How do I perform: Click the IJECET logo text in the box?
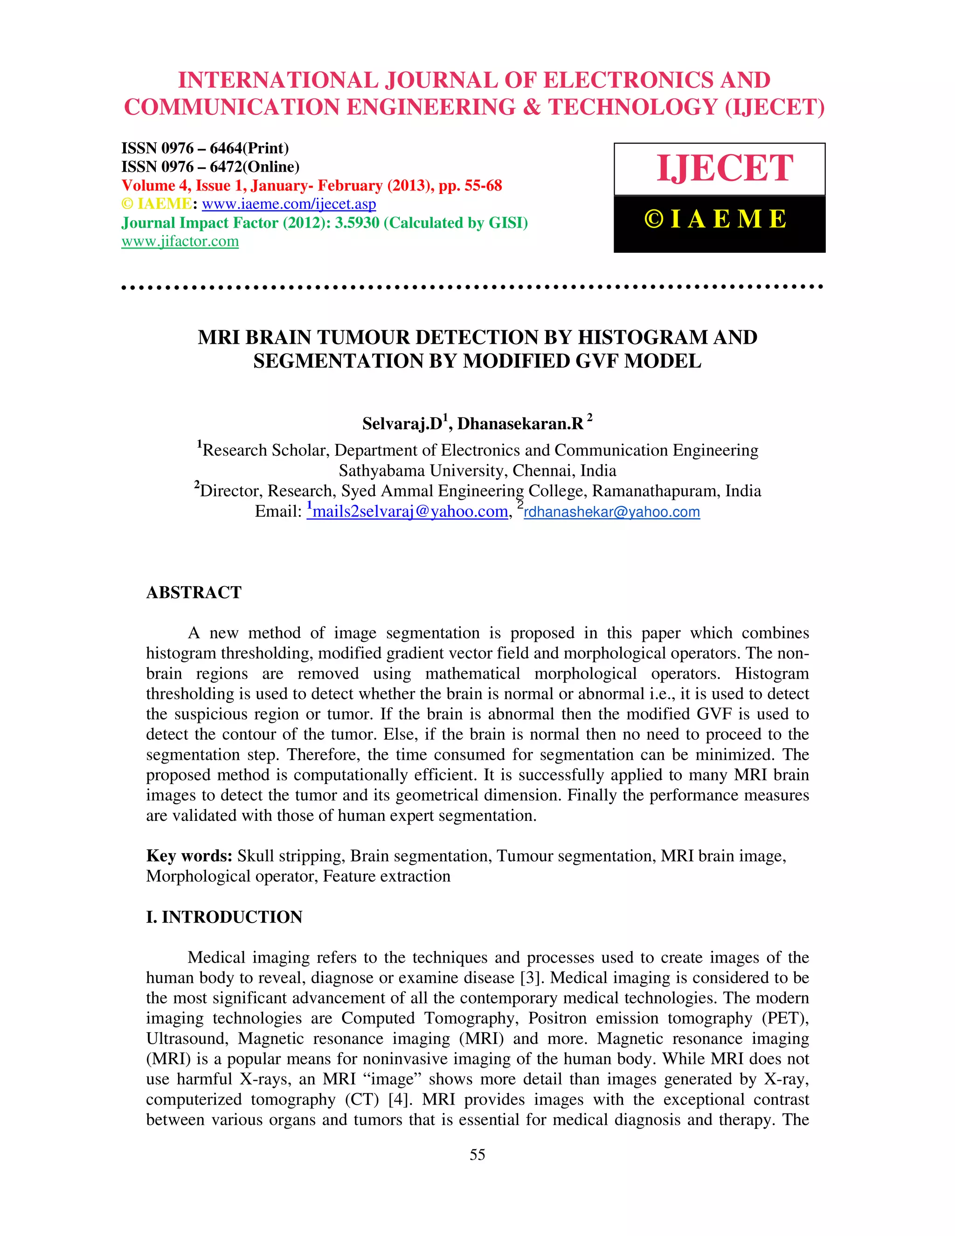pos(724,169)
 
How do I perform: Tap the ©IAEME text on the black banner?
pos(716,220)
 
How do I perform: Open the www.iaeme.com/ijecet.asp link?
pos(289,204)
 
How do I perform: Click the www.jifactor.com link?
pos(180,242)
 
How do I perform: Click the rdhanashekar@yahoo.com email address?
pos(612,512)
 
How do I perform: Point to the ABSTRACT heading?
pos(194,592)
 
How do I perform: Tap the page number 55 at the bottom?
pos(477,1155)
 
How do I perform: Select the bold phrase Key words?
pos(189,856)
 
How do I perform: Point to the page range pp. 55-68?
pos(470,186)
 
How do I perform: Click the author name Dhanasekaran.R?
pos(520,424)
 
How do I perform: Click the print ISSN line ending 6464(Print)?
pos(205,148)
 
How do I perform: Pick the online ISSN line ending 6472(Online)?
pos(210,167)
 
